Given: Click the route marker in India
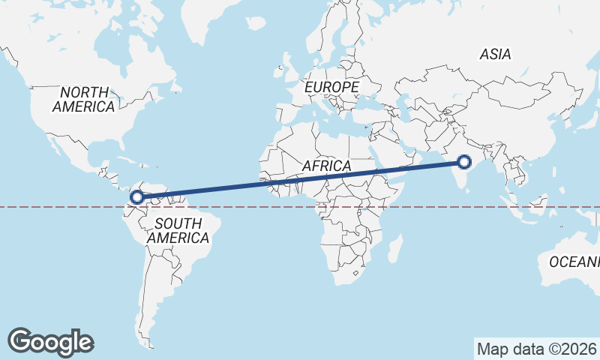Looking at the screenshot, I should click(464, 161).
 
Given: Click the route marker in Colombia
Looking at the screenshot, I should click(137, 198).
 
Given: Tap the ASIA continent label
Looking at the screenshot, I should click(495, 54).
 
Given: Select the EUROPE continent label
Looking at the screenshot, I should click(332, 88).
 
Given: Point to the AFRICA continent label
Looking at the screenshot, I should click(326, 165).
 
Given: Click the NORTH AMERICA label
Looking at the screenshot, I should click(83, 99).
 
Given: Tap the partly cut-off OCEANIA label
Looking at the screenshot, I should click(574, 262).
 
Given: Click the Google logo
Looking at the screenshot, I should click(51, 341).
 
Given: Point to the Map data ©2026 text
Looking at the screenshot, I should click(537, 349).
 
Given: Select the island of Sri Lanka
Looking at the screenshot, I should click(472, 187).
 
